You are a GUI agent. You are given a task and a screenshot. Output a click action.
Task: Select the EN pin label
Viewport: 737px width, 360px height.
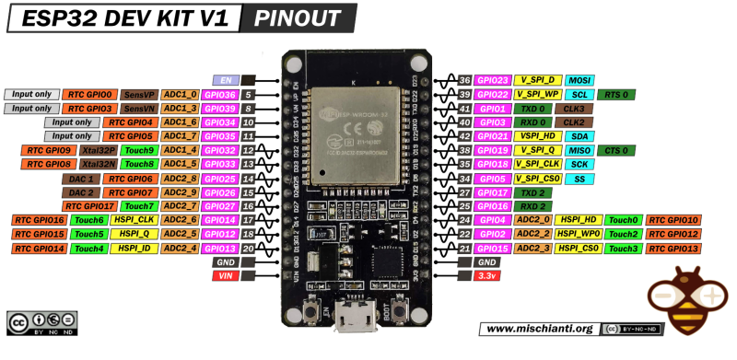226,80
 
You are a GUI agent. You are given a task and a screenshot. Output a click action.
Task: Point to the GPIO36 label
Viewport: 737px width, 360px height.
221,94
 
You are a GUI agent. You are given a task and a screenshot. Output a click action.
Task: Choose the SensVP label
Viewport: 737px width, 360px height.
139,94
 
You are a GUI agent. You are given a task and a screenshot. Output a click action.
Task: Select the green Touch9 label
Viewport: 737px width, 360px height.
139,150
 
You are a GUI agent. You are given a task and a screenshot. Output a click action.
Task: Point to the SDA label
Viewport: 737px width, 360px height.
579,136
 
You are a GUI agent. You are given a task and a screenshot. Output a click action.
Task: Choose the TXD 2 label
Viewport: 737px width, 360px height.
534,192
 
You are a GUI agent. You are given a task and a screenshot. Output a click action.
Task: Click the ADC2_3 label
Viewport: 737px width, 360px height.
534,248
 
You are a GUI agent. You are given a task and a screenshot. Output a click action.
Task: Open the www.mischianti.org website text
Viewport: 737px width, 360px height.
538,329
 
